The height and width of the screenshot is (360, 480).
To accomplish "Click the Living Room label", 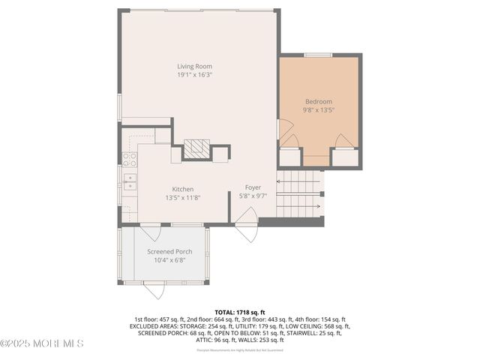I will click(x=194, y=66).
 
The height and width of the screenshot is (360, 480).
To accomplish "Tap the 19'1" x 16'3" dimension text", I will click(x=194, y=75).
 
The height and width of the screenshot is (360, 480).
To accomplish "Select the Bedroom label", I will click(x=318, y=101).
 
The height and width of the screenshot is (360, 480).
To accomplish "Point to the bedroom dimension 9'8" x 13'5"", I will click(x=318, y=110).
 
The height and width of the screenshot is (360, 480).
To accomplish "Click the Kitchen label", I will click(x=183, y=189).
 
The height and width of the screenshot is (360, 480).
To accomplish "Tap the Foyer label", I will click(x=253, y=187).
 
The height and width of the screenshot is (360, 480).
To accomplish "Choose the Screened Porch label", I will click(x=169, y=251).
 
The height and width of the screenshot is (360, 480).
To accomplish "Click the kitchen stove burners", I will click(x=129, y=159).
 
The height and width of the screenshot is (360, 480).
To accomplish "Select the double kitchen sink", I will click(x=129, y=182).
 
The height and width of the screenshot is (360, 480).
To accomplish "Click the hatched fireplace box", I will click(x=194, y=148).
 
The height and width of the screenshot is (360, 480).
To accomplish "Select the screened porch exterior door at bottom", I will click(x=154, y=291).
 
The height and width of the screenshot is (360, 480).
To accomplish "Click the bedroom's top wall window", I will click(x=318, y=55).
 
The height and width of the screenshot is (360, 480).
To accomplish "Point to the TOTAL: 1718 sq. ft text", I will click(x=240, y=311).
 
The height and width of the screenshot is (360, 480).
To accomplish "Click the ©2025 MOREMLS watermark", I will click(x=42, y=343).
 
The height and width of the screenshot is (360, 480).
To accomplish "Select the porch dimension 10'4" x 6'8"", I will click(x=169, y=260).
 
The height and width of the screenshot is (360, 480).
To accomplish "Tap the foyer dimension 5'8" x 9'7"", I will click(x=253, y=196).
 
